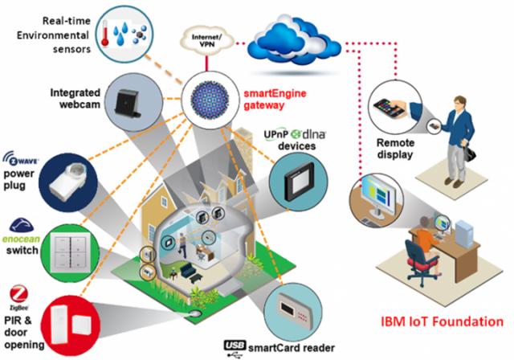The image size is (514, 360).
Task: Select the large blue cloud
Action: click(x=299, y=33)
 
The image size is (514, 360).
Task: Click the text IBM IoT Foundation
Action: click(x=437, y=324)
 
